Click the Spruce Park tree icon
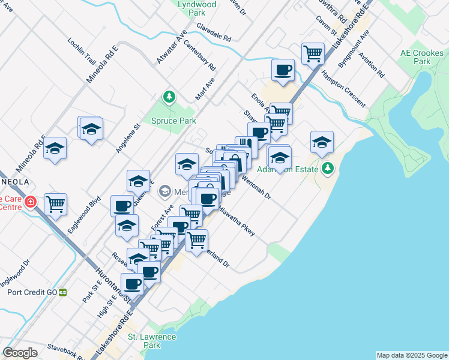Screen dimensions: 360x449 pos(170,97)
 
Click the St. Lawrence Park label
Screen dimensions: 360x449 pos(152,341)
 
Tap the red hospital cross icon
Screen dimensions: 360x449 pos(30,203)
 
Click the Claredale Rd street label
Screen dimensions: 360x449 pos(214,37)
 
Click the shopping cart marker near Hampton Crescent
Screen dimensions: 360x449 pos(313,54)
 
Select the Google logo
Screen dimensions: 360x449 pos(20,352)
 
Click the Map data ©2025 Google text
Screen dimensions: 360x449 pos(411,355)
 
